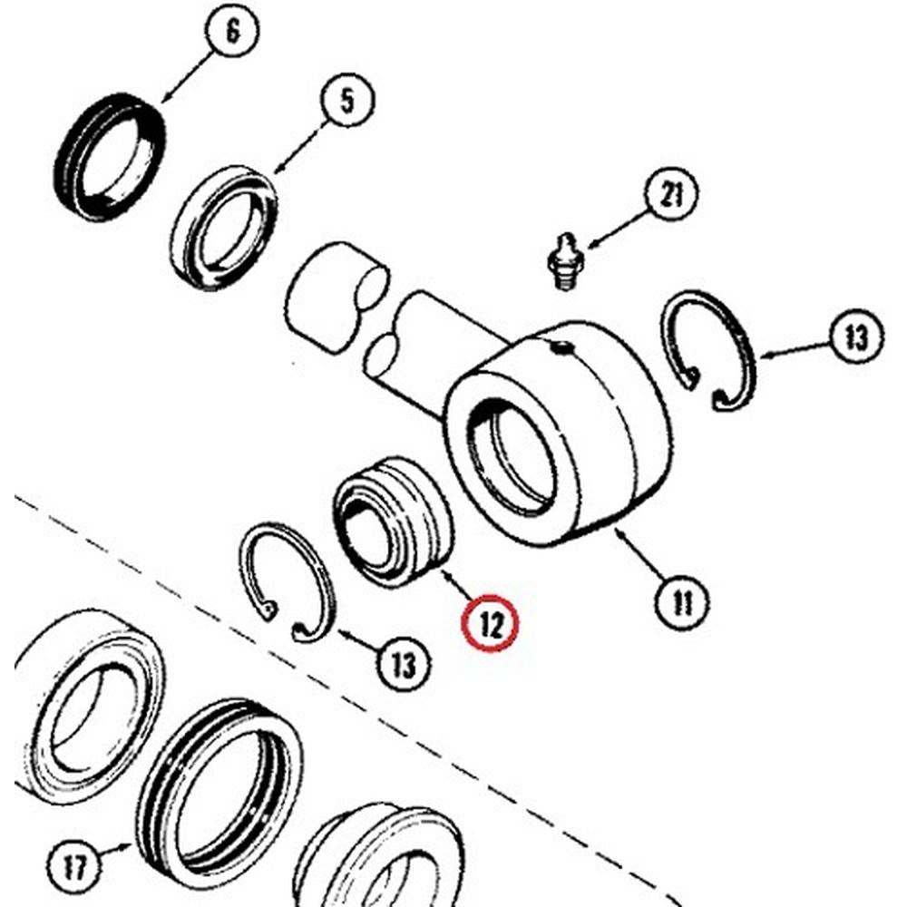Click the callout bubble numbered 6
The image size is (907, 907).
click(232, 34)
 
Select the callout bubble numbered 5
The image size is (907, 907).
click(347, 102)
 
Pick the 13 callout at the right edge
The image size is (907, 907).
click(855, 338)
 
